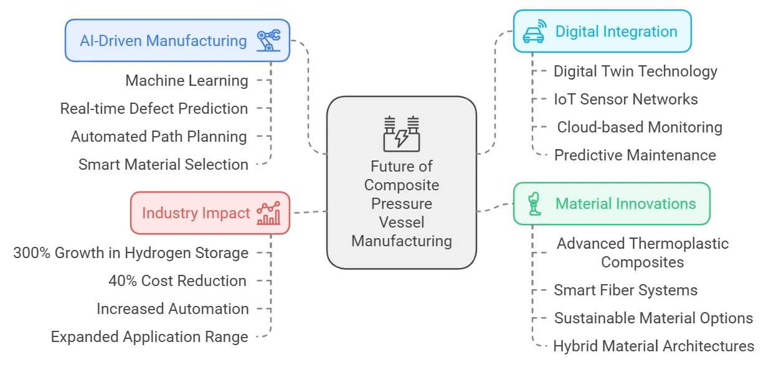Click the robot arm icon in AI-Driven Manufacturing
click(269, 40)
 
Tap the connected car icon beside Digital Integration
click(534, 32)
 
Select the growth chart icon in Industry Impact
click(269, 213)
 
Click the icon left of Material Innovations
click(534, 204)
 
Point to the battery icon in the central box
click(402, 134)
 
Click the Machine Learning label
click(187, 81)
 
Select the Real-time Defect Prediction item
click(154, 109)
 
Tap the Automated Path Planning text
click(159, 137)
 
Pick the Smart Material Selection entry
click(163, 165)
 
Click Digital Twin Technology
click(635, 72)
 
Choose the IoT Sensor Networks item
click(626, 99)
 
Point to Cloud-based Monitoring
click(640, 127)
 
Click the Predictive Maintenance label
click(635, 155)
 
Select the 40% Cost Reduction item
click(177, 281)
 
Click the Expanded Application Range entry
click(149, 337)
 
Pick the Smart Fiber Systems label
click(625, 290)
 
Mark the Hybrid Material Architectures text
click(653, 346)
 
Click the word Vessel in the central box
click(402, 222)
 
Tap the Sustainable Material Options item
click(653, 318)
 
